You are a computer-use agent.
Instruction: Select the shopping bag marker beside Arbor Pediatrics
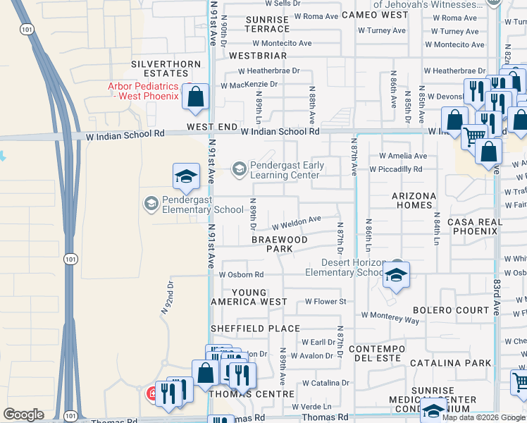point(196,97)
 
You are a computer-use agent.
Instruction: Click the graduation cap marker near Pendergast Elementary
point(186,177)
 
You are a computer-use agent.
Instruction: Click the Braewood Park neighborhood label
point(280,244)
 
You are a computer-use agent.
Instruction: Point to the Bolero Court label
point(451,310)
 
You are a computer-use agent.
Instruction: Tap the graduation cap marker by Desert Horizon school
point(396,274)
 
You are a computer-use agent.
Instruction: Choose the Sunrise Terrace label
point(267,24)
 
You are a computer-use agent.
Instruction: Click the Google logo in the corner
point(24,415)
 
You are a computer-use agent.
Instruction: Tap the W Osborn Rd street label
point(241,274)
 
